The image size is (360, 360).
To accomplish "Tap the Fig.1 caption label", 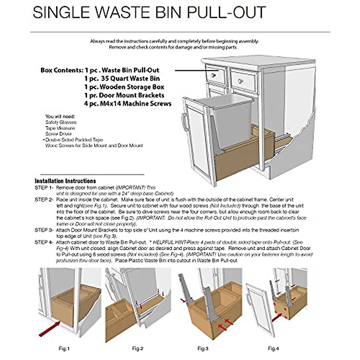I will tap(64, 349).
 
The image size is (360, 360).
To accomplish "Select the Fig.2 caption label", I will tap(138, 349).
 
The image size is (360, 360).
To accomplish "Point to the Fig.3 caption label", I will tap(203, 349).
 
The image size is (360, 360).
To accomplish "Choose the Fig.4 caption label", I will tap(273, 349).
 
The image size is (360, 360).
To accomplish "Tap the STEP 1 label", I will tap(44, 188).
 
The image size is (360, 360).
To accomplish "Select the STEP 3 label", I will tap(44, 230).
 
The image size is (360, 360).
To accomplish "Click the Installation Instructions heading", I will tap(65, 181).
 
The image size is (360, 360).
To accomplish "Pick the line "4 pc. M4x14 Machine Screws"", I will tap(128, 104).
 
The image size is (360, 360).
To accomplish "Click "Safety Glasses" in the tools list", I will tap(61, 122).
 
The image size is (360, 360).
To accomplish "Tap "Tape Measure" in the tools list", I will tap(60, 128).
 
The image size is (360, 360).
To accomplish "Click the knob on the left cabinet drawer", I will tap(214, 75).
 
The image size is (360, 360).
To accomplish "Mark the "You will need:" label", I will tap(60, 116).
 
